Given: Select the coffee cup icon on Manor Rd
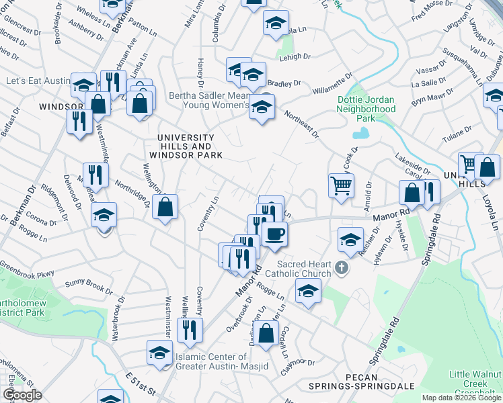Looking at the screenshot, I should click(x=274, y=234).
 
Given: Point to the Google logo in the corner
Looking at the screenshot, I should click(x=22, y=395).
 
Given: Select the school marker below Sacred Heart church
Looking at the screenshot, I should click(x=308, y=292).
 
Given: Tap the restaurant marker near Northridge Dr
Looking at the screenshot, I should click(x=95, y=175).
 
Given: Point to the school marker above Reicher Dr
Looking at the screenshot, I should click(x=350, y=238).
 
